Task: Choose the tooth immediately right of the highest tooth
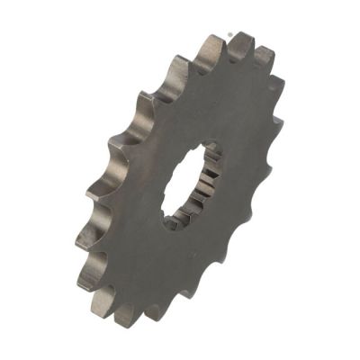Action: pyautogui.click(x=264, y=55)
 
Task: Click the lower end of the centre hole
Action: pyautogui.click(x=171, y=223)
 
